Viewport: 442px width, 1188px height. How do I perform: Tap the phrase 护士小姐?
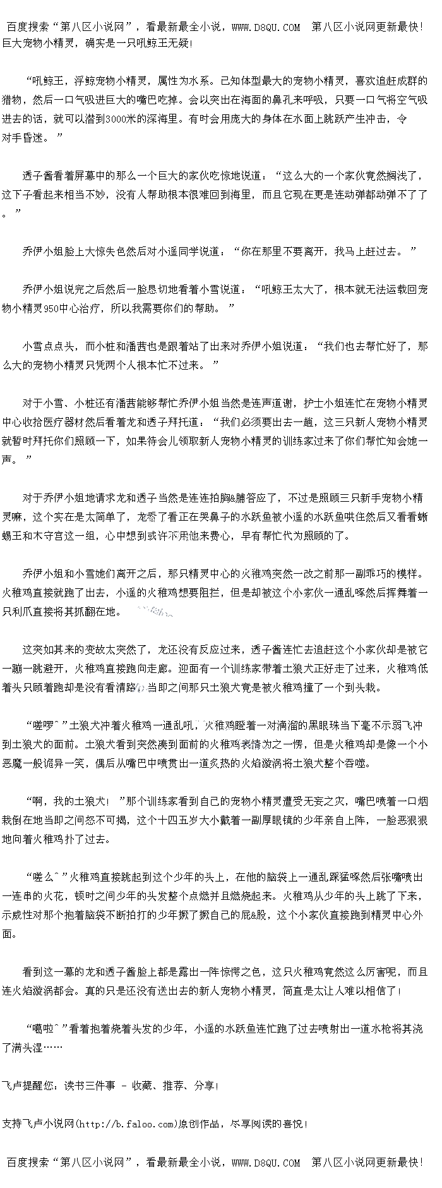323,403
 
